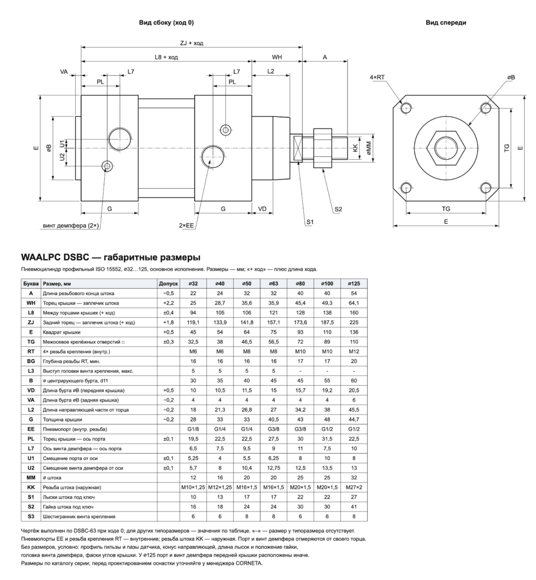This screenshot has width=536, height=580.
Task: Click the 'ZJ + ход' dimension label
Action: (191, 43)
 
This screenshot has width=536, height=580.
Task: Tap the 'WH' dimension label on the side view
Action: (277, 57)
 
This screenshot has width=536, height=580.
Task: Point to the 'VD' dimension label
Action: (262, 209)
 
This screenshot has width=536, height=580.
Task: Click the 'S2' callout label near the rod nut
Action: (338, 210)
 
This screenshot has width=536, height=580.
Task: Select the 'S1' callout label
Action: (310, 222)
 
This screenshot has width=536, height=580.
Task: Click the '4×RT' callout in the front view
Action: (377, 77)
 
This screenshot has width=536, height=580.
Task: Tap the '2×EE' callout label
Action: (186, 225)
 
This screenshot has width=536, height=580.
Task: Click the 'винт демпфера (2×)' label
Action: (71, 225)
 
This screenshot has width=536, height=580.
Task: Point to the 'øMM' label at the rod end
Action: (368, 148)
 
